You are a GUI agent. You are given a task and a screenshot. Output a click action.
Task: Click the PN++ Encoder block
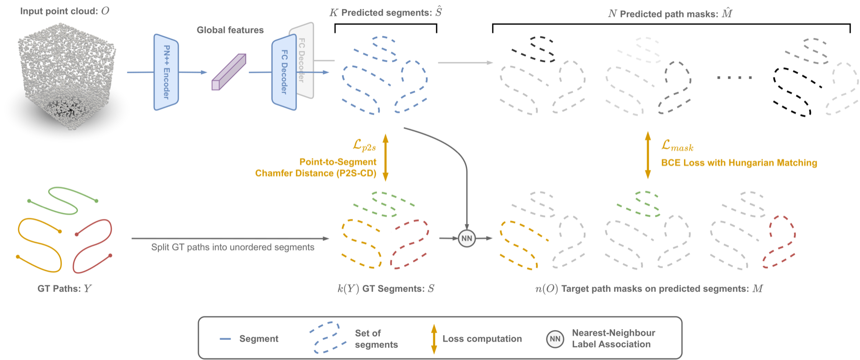click(166, 72)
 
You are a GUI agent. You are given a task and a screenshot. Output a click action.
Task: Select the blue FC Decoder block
click(284, 72)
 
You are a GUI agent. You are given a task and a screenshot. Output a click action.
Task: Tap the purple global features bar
click(229, 72)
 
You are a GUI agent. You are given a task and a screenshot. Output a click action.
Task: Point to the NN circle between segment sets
click(466, 238)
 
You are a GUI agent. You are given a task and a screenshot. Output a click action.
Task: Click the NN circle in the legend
click(555, 339)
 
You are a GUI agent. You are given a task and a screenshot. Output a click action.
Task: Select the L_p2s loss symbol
click(364, 146)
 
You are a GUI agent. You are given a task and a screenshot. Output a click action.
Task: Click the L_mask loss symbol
click(677, 146)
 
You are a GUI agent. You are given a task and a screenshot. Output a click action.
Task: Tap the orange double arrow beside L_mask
click(648, 155)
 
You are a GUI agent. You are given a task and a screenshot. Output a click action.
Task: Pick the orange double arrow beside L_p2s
click(385, 157)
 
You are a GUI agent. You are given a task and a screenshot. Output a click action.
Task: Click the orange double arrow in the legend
click(434, 339)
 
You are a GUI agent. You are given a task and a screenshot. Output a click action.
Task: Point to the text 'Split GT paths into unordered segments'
click(233, 247)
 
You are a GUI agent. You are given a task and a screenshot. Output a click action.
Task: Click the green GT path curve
click(63, 200)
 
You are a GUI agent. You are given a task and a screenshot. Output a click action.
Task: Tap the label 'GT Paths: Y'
click(65, 289)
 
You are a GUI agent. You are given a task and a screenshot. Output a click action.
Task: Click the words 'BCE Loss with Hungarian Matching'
click(739, 163)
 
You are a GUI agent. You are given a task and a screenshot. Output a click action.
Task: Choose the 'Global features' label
click(230, 30)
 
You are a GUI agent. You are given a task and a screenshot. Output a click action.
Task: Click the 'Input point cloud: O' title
click(65, 11)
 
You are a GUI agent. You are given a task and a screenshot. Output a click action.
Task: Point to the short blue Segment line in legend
click(225, 339)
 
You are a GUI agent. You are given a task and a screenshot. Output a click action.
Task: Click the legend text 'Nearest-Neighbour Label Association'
click(614, 338)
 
